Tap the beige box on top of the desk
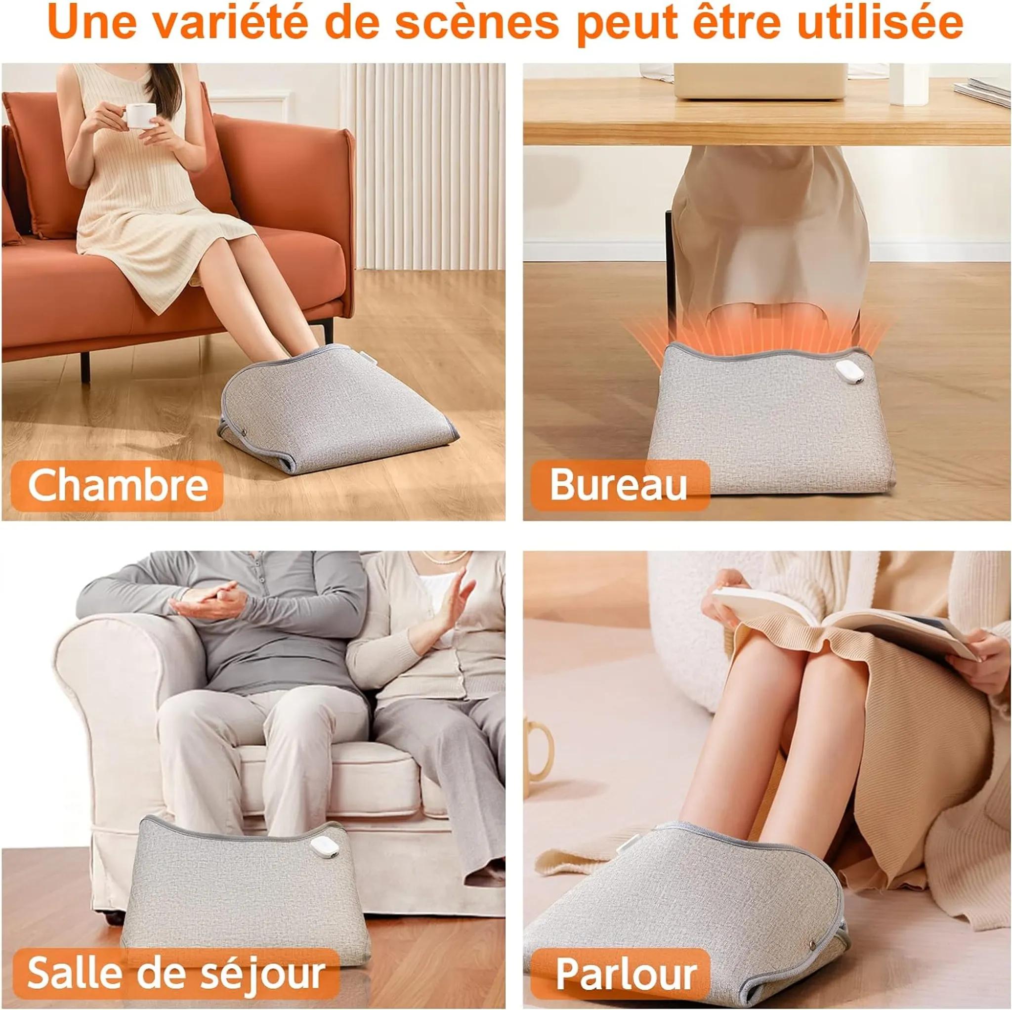759,82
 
